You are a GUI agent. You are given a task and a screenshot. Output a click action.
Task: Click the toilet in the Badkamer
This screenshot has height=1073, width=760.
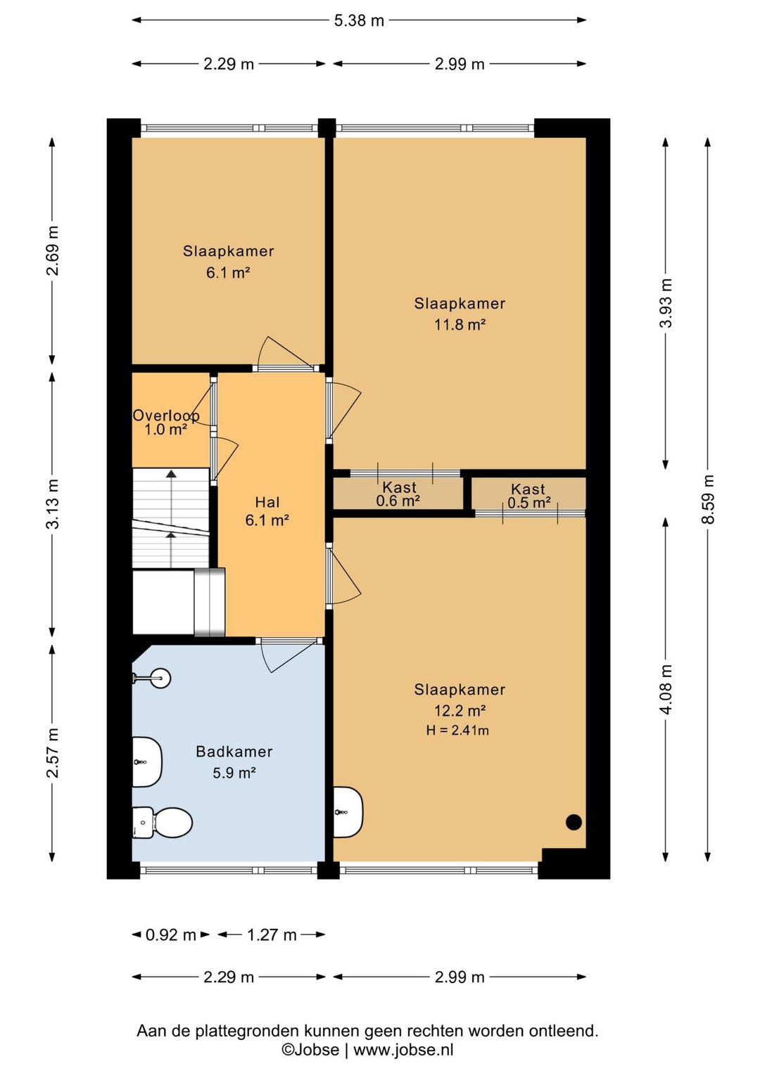(x=162, y=823)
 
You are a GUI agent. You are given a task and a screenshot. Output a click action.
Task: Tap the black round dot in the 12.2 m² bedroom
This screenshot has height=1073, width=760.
(x=574, y=822)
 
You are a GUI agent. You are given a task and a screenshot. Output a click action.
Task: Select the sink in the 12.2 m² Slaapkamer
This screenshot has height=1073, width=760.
(x=348, y=812)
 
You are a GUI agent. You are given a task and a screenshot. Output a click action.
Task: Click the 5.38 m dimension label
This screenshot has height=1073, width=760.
(x=359, y=20)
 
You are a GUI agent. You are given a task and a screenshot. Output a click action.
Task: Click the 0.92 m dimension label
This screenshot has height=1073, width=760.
(x=171, y=934)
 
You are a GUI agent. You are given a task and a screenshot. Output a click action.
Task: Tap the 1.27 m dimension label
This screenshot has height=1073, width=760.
(x=272, y=934)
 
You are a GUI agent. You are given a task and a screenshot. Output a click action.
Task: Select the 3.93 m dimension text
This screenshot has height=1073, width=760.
(x=666, y=303)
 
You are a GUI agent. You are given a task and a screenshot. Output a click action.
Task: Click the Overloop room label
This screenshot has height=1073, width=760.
(x=166, y=416)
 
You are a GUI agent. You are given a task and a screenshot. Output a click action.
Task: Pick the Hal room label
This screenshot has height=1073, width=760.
(x=267, y=502)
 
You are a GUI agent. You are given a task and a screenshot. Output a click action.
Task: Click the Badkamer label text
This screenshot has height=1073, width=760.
(x=234, y=752)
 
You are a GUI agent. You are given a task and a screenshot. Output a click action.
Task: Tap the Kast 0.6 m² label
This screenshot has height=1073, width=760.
(x=399, y=494)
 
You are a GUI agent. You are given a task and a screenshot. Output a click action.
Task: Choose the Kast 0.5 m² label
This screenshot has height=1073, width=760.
(x=528, y=495)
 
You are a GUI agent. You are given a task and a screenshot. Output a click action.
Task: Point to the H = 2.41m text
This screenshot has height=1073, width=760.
(x=457, y=731)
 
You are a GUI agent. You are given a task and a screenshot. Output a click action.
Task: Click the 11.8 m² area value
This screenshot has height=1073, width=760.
(x=460, y=325)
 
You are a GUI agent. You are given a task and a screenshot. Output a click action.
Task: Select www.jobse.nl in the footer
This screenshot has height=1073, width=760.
(x=403, y=1050)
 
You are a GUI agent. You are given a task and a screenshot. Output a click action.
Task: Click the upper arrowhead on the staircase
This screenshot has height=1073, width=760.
(x=171, y=474)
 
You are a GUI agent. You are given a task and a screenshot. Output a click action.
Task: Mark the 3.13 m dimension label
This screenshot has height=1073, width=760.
(x=53, y=504)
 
